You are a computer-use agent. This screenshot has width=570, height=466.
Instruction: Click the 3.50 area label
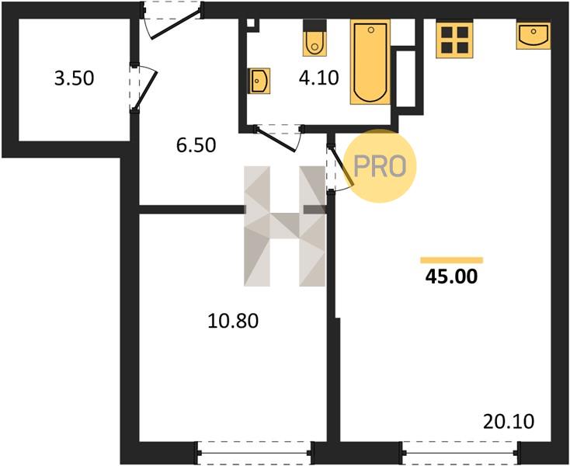[74, 78]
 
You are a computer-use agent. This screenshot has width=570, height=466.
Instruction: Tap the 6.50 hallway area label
[196, 145]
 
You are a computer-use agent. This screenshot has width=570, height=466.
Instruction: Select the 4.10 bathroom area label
[319, 78]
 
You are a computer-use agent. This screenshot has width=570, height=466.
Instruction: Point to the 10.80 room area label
[233, 321]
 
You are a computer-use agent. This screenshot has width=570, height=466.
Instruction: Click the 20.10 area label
[509, 422]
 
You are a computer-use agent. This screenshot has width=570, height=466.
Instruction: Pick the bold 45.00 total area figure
[451, 276]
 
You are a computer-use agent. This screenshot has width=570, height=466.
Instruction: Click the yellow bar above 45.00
[452, 260]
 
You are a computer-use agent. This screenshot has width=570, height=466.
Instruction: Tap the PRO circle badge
[380, 166]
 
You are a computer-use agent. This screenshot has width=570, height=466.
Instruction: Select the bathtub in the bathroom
[370, 62]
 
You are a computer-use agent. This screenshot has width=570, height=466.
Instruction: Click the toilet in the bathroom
[315, 38]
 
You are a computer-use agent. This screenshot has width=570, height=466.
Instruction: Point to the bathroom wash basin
[259, 81]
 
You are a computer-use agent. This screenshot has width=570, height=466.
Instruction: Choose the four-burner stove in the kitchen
[455, 40]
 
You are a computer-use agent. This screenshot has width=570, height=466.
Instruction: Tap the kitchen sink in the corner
[534, 36]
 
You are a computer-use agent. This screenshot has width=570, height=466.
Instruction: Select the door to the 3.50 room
[143, 87]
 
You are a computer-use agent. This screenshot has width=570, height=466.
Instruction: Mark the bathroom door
[279, 137]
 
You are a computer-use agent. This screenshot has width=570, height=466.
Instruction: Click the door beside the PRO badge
[339, 168]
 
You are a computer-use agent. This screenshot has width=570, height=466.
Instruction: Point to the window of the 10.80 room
[255, 453]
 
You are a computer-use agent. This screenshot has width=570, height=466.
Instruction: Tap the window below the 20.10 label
[461, 453]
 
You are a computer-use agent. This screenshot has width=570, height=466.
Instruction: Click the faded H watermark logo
[285, 226]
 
